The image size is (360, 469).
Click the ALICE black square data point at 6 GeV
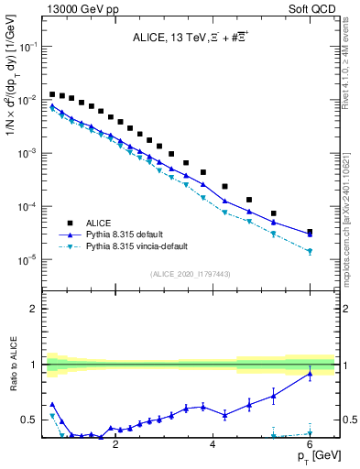(x=310, y=233)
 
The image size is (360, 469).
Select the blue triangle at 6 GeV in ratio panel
(x=310, y=374)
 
